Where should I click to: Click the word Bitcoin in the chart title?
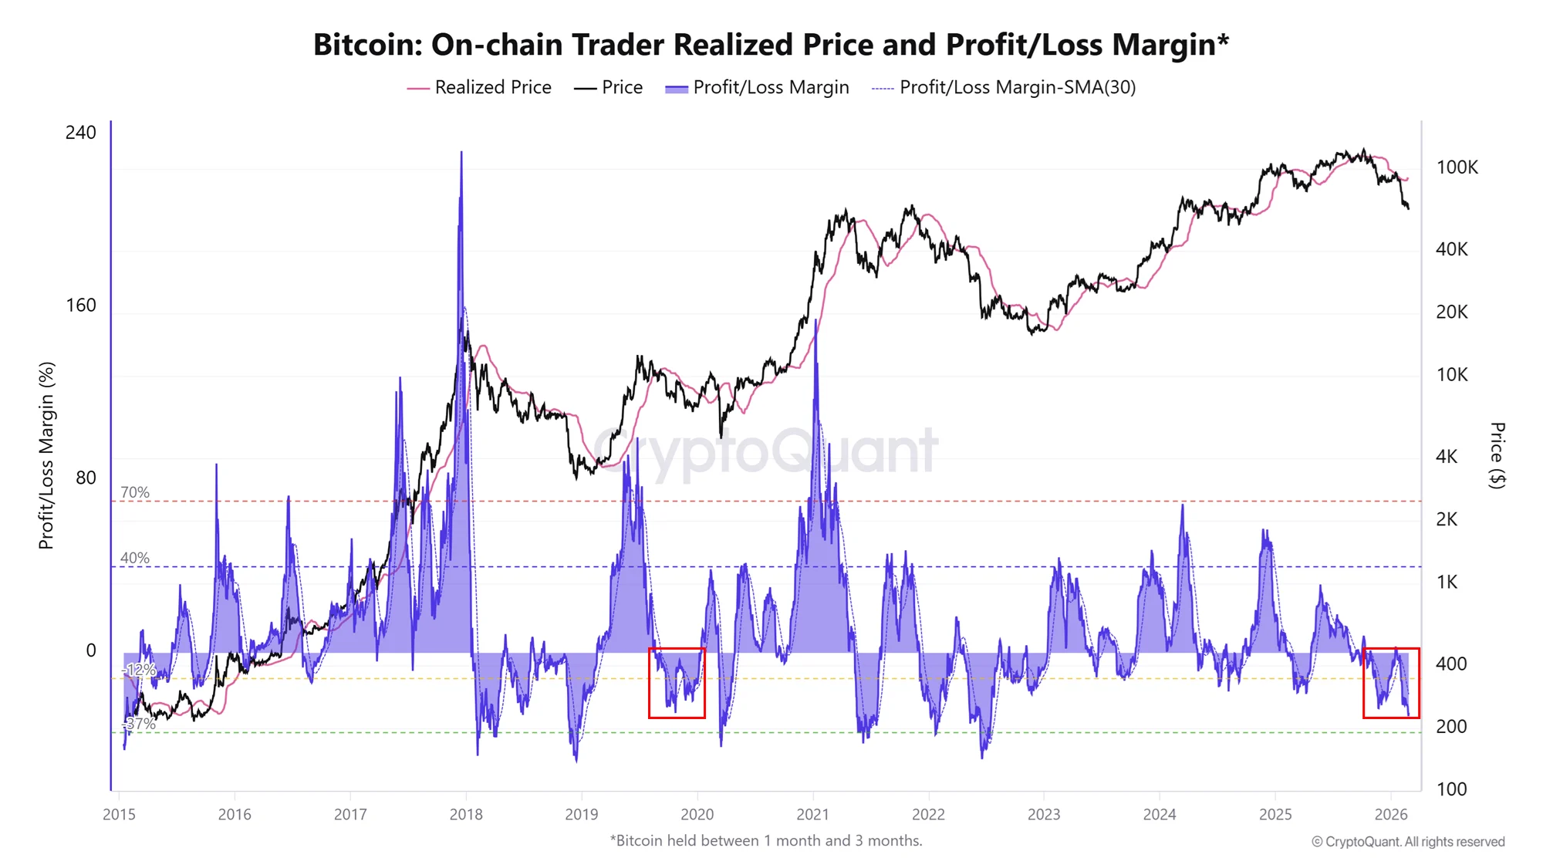click(x=366, y=45)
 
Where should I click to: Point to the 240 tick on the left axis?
click(x=81, y=133)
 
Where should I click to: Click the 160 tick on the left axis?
click(x=81, y=306)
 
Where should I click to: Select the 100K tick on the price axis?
click(x=1457, y=167)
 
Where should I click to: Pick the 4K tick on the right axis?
click(x=1447, y=457)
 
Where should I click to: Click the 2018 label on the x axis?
click(x=466, y=814)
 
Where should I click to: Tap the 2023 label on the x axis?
click(x=1044, y=814)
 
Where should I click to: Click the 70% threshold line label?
click(x=135, y=492)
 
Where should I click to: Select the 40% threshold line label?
click(x=135, y=558)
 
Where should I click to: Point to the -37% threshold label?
click(x=140, y=724)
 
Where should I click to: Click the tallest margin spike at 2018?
click(x=461, y=154)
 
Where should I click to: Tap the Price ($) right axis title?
click(x=1497, y=455)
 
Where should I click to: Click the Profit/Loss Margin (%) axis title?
click(x=46, y=455)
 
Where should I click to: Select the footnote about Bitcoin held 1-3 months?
click(x=766, y=840)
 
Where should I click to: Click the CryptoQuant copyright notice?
click(x=1408, y=842)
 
